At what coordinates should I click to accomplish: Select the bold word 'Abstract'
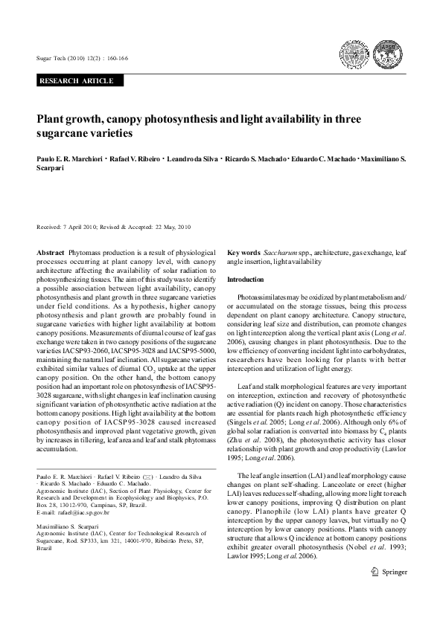(x=51, y=254)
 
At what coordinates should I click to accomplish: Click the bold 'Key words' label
(x=243, y=254)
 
